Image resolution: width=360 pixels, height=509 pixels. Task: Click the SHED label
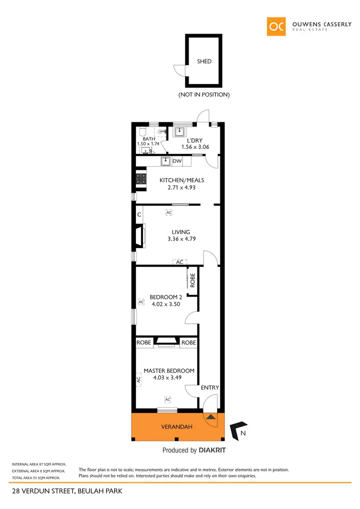[204, 61]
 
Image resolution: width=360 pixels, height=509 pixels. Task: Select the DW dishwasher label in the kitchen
[177, 161]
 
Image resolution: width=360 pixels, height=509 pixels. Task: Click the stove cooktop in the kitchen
[141, 179]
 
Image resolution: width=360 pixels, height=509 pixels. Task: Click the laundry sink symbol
[180, 131]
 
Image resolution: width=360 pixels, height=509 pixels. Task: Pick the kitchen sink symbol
[166, 161]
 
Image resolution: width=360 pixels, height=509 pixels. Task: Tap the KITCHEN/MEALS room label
[182, 180]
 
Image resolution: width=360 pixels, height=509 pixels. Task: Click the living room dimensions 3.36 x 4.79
[180, 238]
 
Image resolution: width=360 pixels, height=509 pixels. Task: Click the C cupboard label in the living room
[139, 214]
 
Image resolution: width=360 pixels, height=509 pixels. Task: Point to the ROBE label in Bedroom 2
[192, 280]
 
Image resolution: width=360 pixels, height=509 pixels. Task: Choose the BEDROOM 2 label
[166, 296]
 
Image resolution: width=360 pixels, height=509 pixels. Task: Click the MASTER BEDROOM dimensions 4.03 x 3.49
[167, 378]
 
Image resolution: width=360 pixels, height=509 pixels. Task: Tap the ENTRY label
[210, 388]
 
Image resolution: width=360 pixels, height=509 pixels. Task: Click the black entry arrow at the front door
[211, 416]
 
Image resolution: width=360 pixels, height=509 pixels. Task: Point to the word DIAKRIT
[212, 450]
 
